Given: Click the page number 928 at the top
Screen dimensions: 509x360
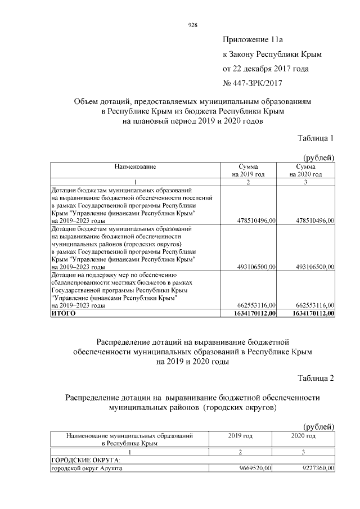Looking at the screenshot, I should click(192, 24).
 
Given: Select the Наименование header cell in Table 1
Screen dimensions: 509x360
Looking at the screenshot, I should click(135, 167).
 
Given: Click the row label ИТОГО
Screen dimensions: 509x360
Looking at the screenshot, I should click(64, 313).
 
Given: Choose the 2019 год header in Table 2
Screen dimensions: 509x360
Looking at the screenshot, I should click(240, 436).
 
